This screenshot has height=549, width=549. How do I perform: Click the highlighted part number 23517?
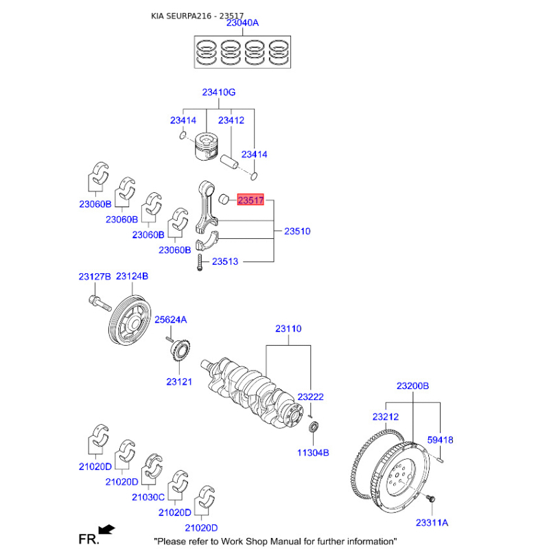(x=250, y=200)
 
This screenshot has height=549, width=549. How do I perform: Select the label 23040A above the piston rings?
(x=242, y=23)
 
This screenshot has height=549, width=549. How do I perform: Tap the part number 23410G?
(x=219, y=93)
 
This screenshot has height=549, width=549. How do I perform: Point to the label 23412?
(x=231, y=121)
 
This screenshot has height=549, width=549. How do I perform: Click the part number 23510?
(x=297, y=231)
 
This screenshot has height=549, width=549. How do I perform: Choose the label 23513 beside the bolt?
(x=224, y=261)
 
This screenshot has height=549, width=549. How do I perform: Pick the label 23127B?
(x=94, y=277)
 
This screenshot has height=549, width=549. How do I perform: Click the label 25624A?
(x=170, y=320)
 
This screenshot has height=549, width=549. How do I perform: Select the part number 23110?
(x=288, y=329)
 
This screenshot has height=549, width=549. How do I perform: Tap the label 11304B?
(x=313, y=453)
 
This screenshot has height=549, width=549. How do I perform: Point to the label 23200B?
(x=412, y=386)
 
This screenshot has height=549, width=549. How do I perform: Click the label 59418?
(x=440, y=440)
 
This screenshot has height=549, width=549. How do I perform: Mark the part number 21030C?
(x=148, y=497)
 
